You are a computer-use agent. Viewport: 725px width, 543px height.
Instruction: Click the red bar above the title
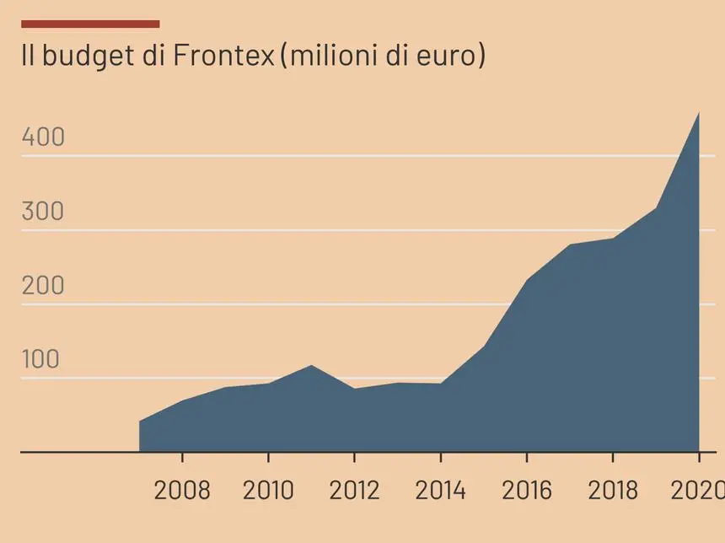coord(90,24)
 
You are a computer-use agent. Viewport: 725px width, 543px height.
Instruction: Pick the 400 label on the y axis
coord(43,137)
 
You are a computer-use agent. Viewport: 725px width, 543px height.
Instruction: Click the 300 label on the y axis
coord(43,211)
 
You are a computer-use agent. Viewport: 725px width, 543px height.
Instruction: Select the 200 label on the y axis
coord(43,285)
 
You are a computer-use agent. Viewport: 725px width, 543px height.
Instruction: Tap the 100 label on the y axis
coord(41,359)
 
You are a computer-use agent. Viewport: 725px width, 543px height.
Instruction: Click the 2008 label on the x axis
coord(182,490)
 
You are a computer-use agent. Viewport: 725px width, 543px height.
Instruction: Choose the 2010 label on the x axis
coord(268,490)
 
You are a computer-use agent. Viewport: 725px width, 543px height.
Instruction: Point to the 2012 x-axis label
coord(354,490)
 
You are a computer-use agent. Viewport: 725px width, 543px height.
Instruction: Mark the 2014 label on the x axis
coord(440,490)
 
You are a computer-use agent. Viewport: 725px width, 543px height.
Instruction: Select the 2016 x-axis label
coord(527,490)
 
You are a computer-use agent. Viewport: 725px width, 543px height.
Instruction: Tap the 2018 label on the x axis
coord(613,490)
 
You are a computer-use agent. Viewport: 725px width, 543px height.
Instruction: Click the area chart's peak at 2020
coord(698,114)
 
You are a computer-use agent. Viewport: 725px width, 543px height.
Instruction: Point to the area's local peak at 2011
coord(311,366)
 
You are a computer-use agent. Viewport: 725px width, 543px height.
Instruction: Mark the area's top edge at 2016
coord(527,281)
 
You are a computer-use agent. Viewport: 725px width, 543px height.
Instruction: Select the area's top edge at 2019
coord(656,208)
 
